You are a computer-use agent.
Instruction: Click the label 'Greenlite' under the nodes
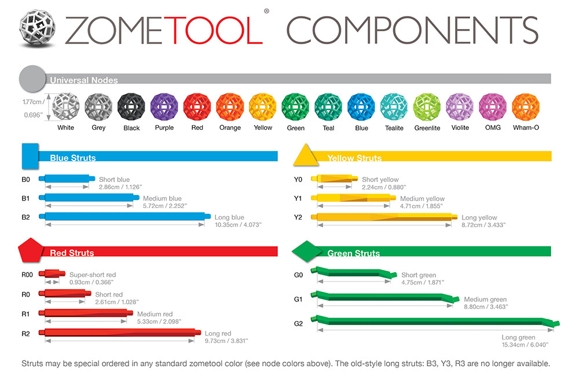(427, 128)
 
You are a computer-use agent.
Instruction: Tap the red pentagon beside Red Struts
(30, 250)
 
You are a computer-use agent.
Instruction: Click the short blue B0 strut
(66, 178)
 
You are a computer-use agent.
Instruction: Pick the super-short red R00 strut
(52, 274)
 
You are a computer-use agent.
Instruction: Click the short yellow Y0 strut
(332, 179)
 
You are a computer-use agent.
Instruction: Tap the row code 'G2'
(299, 323)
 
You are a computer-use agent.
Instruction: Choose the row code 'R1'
(27, 314)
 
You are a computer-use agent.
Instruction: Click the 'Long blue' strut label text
(229, 217)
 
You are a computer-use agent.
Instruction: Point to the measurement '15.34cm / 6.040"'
(525, 345)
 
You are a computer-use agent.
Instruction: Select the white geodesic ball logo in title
(38, 28)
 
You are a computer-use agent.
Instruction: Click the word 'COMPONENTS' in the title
(412, 30)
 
